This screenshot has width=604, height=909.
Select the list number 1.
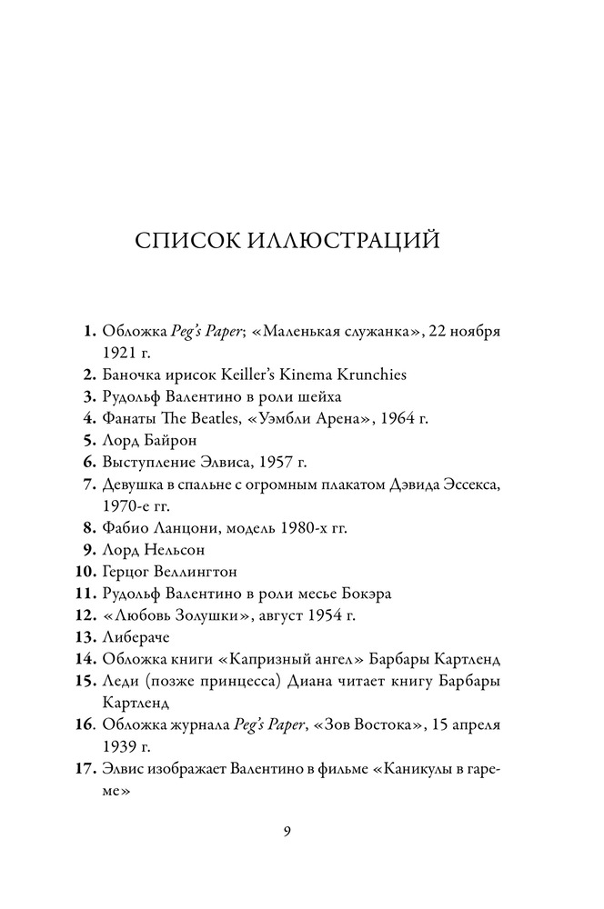coord(89,331)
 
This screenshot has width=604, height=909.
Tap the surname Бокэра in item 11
coord(359,594)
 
